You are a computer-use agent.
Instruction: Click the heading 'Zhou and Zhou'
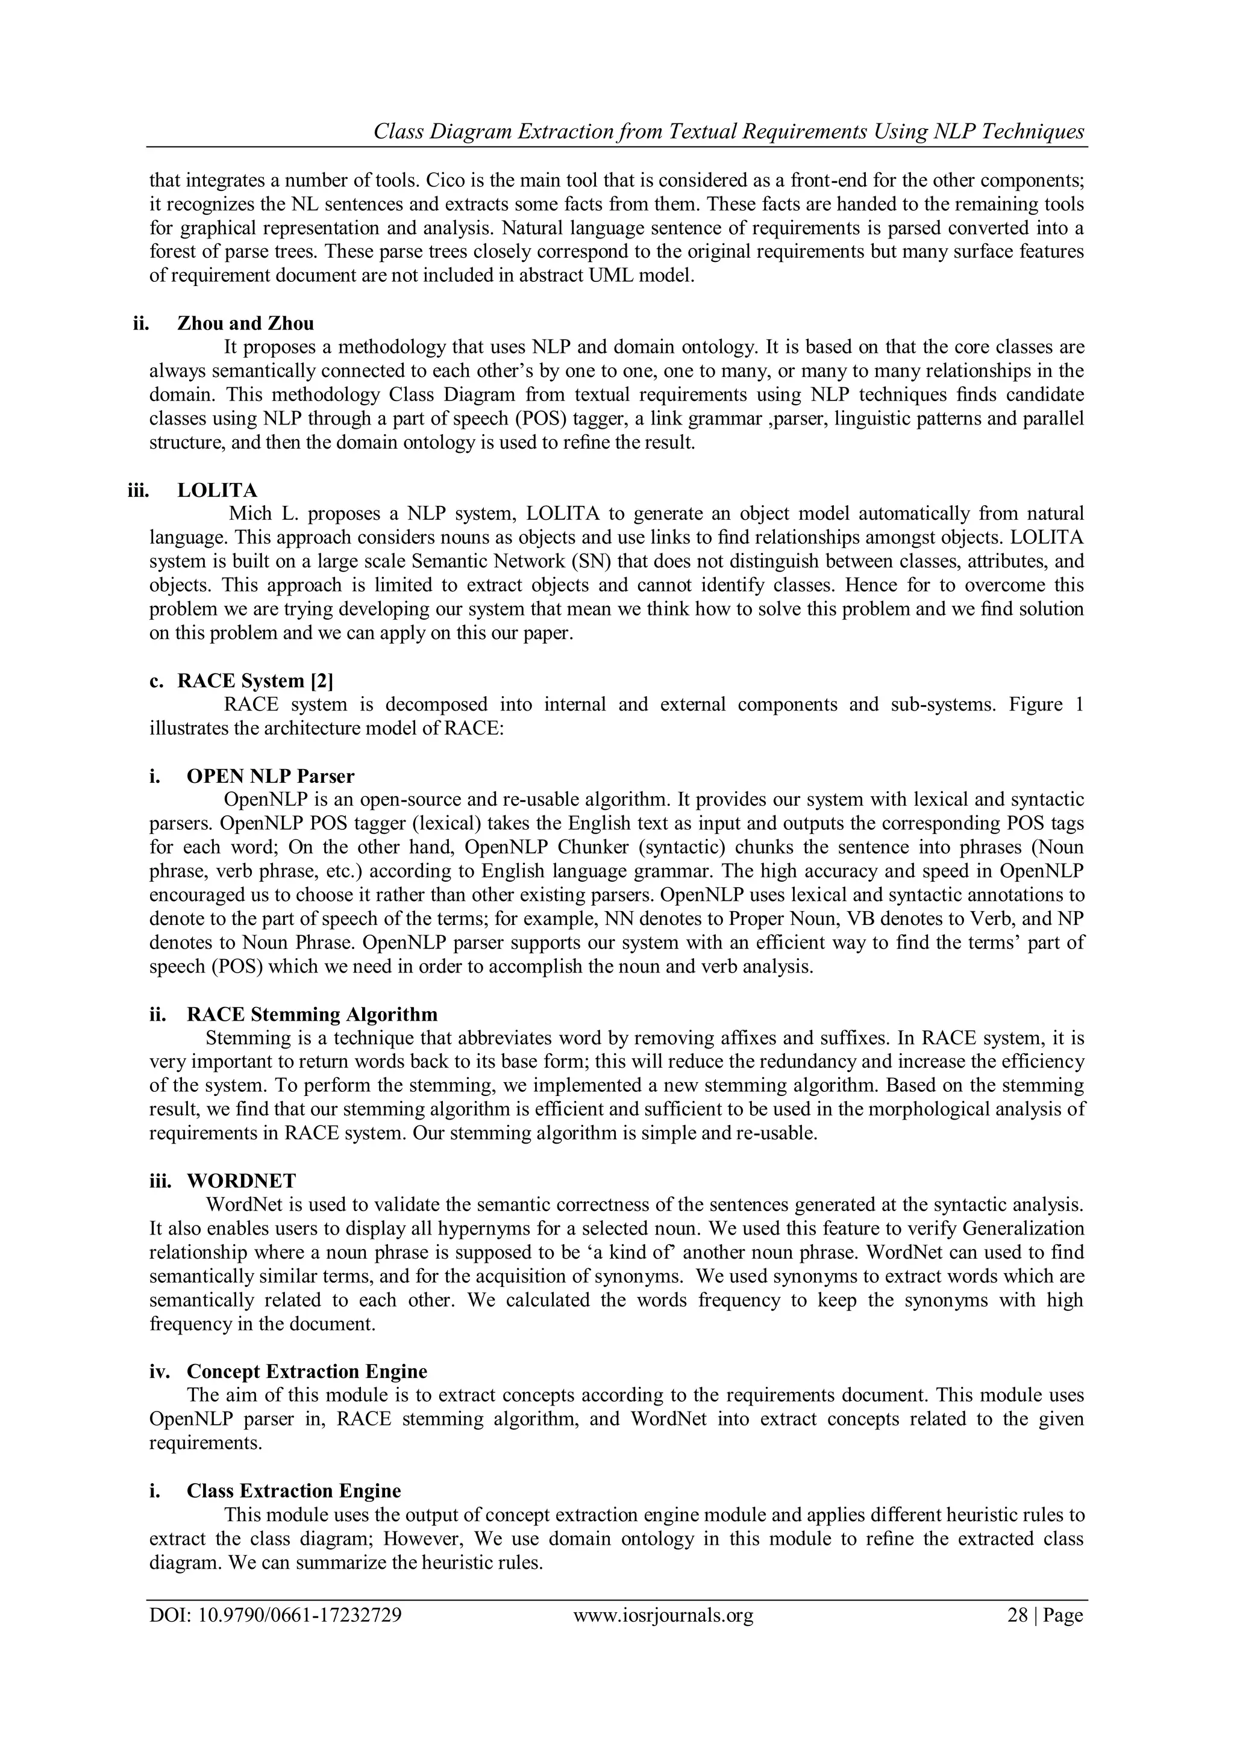click(245, 323)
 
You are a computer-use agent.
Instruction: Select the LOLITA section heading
click(218, 490)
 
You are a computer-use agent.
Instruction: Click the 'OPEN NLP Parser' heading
click(271, 776)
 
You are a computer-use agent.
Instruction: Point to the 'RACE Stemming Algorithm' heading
click(312, 1014)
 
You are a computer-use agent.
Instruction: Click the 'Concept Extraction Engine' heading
click(307, 1371)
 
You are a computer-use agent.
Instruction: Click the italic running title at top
click(728, 131)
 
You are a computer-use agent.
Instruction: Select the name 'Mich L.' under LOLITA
click(263, 514)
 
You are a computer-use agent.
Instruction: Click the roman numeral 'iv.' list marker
click(163, 1371)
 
